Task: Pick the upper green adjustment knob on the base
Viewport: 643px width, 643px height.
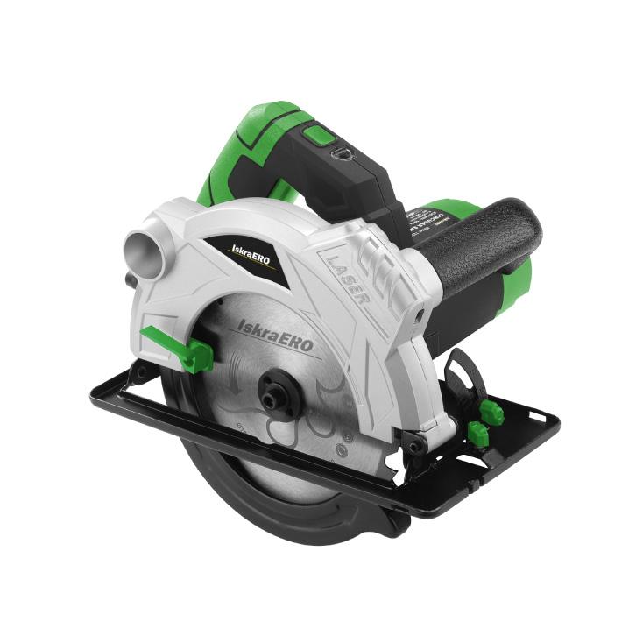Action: click(492, 412)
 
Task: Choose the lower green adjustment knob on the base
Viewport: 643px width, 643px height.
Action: click(477, 433)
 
